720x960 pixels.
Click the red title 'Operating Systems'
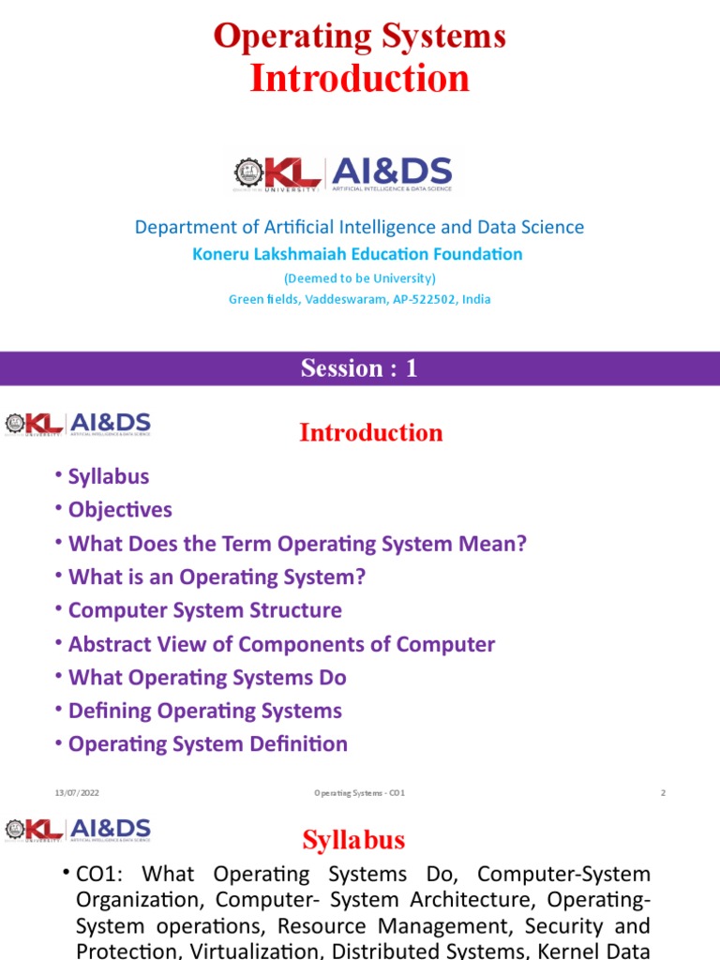[360, 37]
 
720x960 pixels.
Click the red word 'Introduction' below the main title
[360, 79]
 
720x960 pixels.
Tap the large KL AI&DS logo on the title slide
[342, 174]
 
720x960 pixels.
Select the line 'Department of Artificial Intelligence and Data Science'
[360, 227]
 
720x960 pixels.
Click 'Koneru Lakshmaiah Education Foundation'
[357, 254]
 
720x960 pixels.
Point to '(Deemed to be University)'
[360, 277]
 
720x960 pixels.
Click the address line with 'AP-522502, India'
[360, 299]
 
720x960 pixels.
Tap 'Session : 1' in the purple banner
[359, 368]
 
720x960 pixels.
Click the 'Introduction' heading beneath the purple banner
[370, 432]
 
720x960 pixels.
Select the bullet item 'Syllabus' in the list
[109, 476]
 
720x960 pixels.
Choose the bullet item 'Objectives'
[120, 510]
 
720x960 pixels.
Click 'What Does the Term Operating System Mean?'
[297, 544]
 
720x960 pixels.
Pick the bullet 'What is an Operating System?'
[217, 577]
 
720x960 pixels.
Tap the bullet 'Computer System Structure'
[204, 610]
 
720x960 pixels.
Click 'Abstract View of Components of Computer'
[281, 644]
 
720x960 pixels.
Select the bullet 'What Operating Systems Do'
[207, 677]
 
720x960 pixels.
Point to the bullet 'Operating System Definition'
[207, 743]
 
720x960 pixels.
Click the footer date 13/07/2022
[76, 793]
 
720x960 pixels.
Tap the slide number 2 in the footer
[663, 793]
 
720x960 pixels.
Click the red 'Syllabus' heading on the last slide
[353, 840]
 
